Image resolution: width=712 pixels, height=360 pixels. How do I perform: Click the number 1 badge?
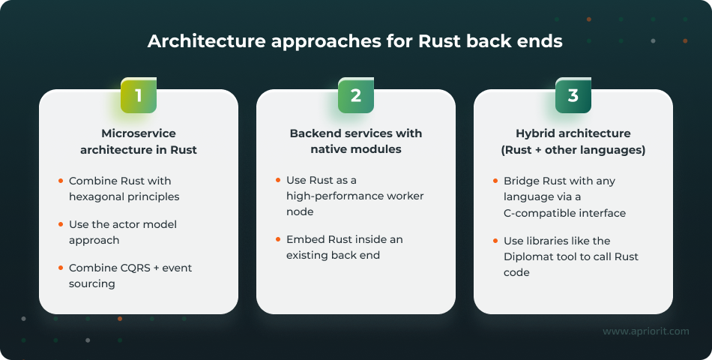[139, 95]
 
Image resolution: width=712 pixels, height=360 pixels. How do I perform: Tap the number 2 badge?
[356, 95]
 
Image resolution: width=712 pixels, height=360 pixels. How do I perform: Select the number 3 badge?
[573, 95]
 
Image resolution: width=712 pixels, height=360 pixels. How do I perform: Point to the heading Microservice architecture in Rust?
[139, 142]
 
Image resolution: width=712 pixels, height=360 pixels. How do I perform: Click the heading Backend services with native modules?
[356, 142]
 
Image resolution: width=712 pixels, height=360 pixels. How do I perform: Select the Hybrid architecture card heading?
[573, 142]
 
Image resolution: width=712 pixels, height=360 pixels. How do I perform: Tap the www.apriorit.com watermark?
[645, 331]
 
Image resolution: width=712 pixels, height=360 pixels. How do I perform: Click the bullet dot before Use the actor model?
[60, 225]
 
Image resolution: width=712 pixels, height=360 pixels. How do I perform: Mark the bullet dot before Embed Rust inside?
[277, 240]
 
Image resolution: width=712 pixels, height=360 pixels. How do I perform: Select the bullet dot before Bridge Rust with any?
[495, 181]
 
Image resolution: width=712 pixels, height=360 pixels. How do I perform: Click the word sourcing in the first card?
[92, 283]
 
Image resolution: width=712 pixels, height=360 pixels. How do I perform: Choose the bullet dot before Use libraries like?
[495, 241]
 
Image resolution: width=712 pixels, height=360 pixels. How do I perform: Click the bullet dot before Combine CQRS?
[60, 268]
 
